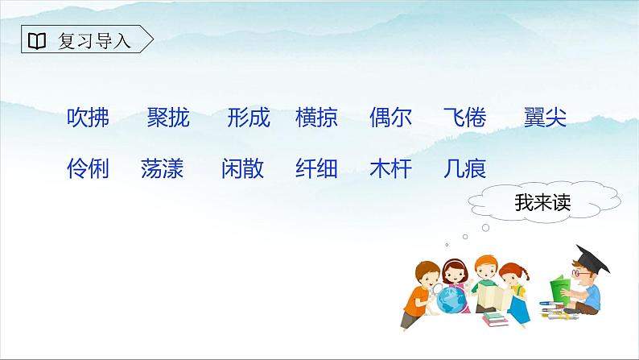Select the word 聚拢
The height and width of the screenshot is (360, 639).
click(168, 118)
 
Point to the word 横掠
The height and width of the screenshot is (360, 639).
click(316, 118)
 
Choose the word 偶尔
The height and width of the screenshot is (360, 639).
click(390, 118)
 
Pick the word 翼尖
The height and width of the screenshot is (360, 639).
click(545, 118)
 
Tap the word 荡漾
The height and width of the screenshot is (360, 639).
click(162, 168)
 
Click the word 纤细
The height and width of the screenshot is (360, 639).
click(316, 168)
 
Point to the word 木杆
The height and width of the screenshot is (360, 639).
click(390, 168)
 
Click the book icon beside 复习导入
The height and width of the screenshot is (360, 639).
click(37, 40)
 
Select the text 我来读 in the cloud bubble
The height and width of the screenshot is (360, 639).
click(542, 204)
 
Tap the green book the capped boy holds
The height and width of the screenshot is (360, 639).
click(557, 289)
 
